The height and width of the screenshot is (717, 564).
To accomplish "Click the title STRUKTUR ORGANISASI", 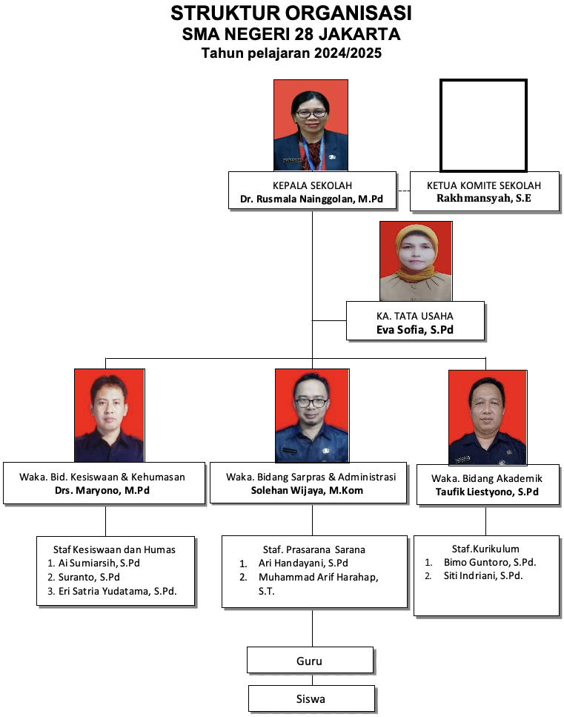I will point(291,13).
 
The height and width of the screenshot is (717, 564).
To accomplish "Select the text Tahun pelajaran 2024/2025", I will point(291,53).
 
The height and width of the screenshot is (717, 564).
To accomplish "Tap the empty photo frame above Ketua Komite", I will point(483,125).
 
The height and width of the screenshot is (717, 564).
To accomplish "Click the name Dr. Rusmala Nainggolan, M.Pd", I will point(311,199).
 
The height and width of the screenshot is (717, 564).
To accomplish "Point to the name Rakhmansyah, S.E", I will point(484,199).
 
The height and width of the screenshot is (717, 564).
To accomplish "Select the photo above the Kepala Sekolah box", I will point(311,125).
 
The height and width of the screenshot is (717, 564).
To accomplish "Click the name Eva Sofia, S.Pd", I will point(414,329).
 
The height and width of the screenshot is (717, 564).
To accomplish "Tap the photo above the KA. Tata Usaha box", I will point(415,260).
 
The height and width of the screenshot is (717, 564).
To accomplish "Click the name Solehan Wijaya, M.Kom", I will point(311,490).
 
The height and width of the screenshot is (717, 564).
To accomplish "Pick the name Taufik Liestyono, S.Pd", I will point(486,492).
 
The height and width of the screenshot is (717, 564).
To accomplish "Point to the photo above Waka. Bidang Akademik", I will point(487,417).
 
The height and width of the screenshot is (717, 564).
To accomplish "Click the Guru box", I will point(310,660).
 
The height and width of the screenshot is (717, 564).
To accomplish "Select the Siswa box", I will point(311,698).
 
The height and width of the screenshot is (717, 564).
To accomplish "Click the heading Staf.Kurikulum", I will point(485,549).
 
